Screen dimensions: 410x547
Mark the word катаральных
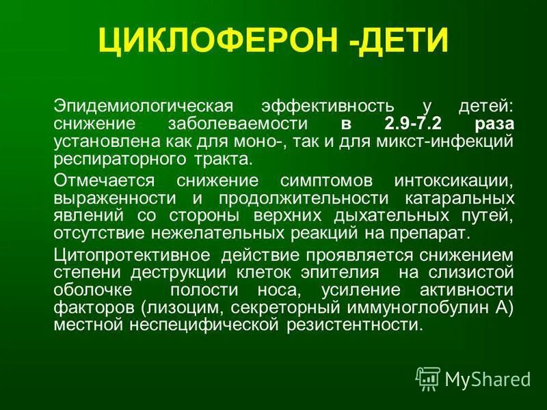pyautogui.click(x=464, y=199)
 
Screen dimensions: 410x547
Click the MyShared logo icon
pyautogui.click(x=429, y=378)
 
